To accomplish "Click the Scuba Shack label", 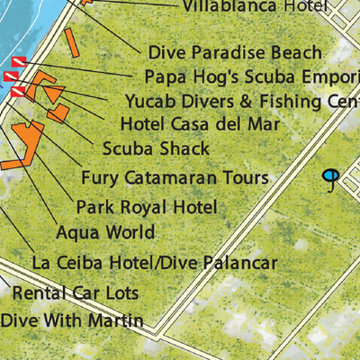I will click(x=156, y=148).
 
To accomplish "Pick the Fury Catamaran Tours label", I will click(x=175, y=177).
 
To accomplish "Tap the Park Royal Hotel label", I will click(x=147, y=207).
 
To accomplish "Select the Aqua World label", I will click(x=105, y=232).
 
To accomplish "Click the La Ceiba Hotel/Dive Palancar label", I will click(x=154, y=264).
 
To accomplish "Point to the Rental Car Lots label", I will click(x=76, y=293).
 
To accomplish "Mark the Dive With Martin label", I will click(x=72, y=320).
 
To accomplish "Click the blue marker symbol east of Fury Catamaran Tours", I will click(x=331, y=178).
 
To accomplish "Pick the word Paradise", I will click(x=227, y=53).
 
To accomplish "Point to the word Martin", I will click(x=117, y=320).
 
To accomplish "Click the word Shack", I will click(x=185, y=148).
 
